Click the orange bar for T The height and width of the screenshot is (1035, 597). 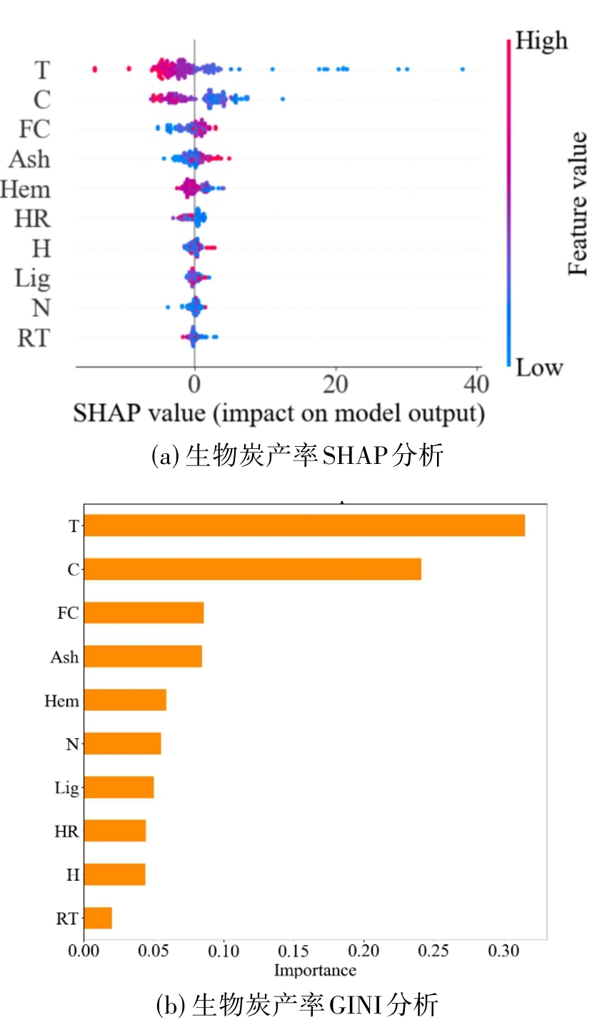click(304, 525)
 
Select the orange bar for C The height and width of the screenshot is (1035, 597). click(252, 569)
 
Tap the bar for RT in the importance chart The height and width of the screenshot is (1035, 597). click(98, 918)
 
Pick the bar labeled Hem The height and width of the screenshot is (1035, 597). click(125, 700)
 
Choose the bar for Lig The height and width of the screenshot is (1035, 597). click(119, 787)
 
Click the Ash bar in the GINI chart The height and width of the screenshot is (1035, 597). click(143, 656)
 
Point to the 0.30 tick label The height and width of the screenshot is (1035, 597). click(503, 951)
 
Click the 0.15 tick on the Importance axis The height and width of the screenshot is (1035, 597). click(294, 951)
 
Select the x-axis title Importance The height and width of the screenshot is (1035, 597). click(315, 970)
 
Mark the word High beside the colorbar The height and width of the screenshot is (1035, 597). click(541, 41)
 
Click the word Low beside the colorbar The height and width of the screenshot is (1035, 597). click(539, 368)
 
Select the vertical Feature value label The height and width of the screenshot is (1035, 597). click(578, 204)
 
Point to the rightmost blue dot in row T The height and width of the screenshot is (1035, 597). click(463, 69)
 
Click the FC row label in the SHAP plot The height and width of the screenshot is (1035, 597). click(34, 129)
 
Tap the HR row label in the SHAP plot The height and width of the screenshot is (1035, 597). click(33, 218)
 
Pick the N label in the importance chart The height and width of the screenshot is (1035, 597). click(72, 744)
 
